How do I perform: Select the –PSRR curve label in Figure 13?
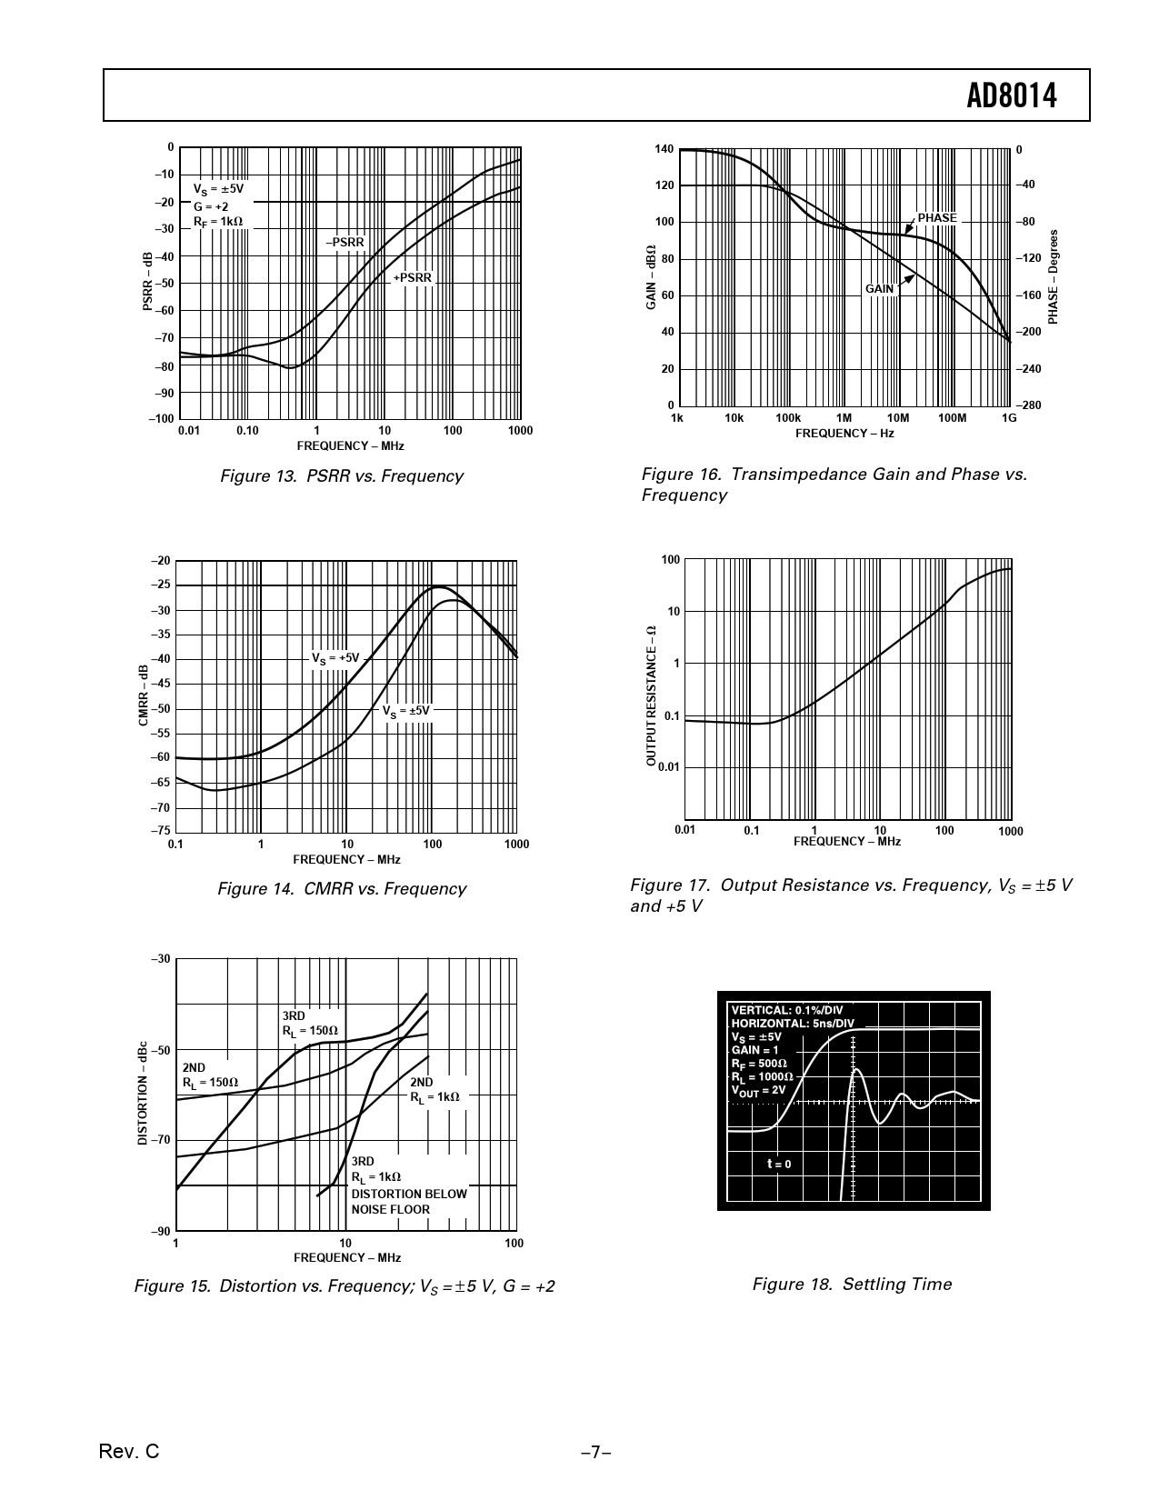point(345,243)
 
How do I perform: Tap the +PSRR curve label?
point(412,277)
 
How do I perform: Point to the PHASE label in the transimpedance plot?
point(936,218)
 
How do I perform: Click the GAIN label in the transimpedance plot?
point(879,289)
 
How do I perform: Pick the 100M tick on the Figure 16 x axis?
point(952,418)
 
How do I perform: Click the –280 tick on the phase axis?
point(1027,405)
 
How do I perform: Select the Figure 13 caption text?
point(342,476)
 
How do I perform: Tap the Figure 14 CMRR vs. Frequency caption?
point(342,889)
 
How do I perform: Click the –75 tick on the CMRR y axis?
point(160,831)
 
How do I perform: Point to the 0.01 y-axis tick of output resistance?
point(668,767)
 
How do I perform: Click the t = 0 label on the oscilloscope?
point(779,1164)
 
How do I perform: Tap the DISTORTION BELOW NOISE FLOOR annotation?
point(408,1202)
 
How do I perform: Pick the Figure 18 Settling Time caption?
point(852,1285)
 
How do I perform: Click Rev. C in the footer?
point(128,1452)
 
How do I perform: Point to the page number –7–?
point(595,1453)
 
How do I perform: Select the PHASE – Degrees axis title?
point(1053,276)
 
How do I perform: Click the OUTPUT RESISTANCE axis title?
point(651,695)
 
